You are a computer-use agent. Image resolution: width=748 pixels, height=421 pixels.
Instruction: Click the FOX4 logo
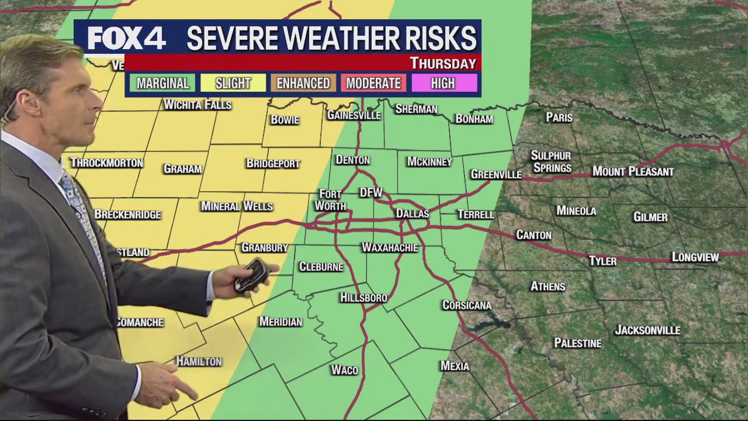pyautogui.click(x=126, y=39)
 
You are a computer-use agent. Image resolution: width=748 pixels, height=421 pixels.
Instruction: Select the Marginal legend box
pyautogui.click(x=162, y=83)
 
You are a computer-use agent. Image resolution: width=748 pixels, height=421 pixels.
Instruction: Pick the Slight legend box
pyautogui.click(x=233, y=83)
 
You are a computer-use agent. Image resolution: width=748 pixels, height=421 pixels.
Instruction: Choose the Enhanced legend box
pyautogui.click(x=303, y=83)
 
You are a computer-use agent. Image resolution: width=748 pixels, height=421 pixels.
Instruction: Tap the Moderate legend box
pyautogui.click(x=373, y=83)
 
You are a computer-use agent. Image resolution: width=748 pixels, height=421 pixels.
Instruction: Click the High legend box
pyautogui.click(x=443, y=83)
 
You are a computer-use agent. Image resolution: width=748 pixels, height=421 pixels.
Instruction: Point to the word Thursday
pyautogui.click(x=443, y=63)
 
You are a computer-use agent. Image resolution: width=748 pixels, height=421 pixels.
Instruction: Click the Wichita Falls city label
pyautogui.click(x=198, y=105)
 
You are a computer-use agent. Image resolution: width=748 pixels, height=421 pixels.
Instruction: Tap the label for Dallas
pyautogui.click(x=413, y=214)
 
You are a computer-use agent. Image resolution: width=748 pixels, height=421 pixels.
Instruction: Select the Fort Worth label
pyautogui.click(x=331, y=200)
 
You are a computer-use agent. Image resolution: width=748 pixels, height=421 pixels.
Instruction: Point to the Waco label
pyautogui.click(x=344, y=370)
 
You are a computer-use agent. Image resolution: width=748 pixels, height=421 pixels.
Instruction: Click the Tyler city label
pyautogui.click(x=602, y=261)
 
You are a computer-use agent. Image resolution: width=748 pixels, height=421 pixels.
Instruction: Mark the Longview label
pyautogui.click(x=695, y=257)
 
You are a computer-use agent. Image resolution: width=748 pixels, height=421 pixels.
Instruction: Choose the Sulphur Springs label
pyautogui.click(x=551, y=162)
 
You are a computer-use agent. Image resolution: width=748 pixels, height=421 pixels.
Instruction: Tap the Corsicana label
pyautogui.click(x=467, y=305)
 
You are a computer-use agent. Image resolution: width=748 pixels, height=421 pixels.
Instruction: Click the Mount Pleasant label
pyautogui.click(x=633, y=172)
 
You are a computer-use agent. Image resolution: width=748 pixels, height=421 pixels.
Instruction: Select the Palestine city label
pyautogui.click(x=577, y=343)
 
